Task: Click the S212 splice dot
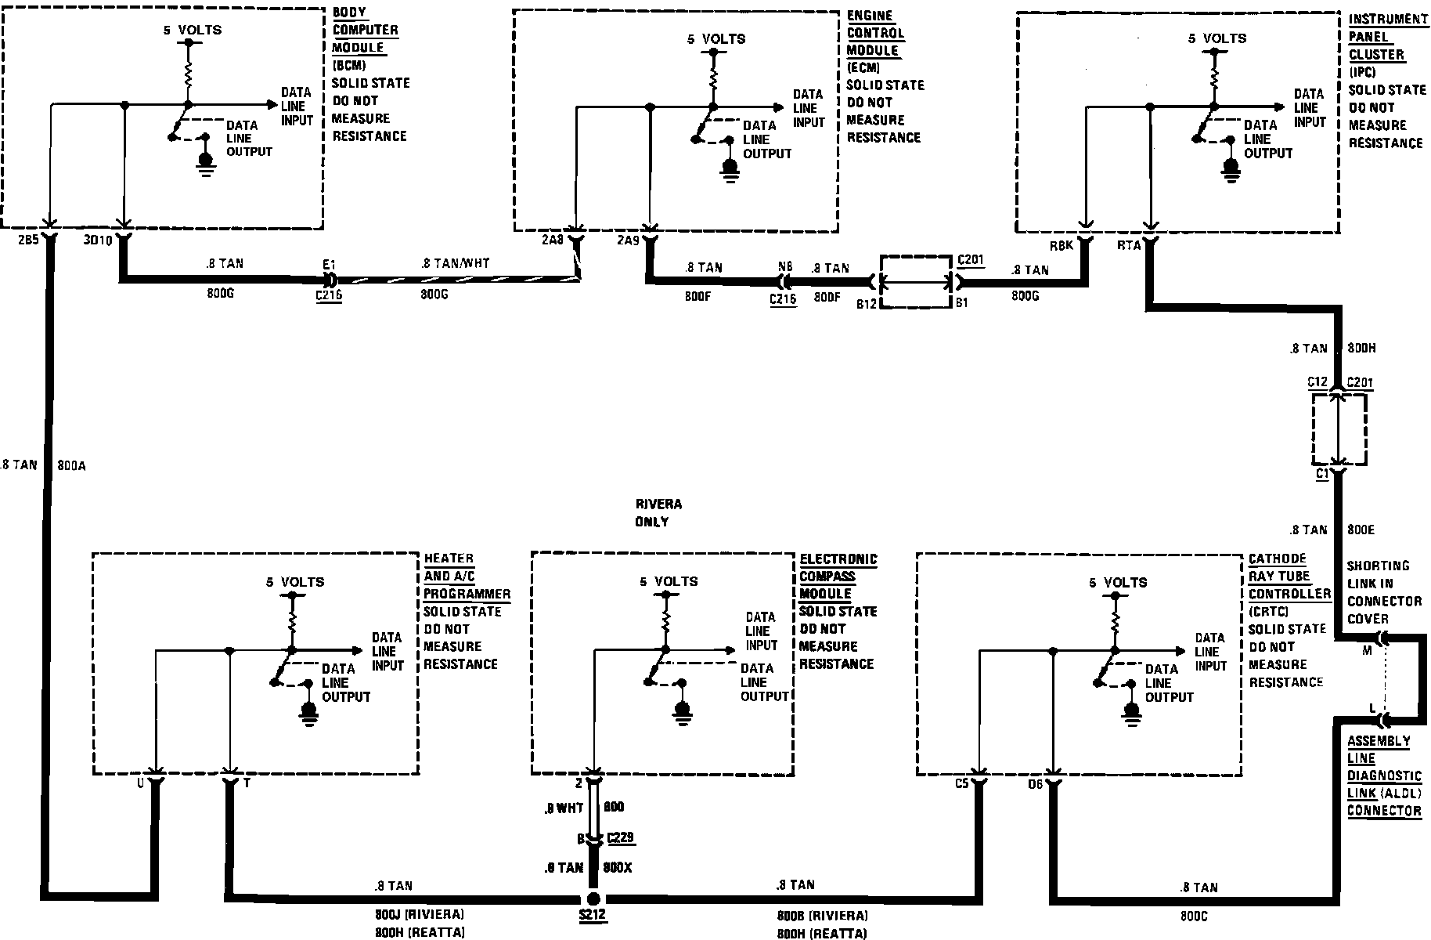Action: click(593, 898)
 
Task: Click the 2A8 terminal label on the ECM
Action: click(552, 240)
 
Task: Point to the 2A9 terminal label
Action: click(627, 240)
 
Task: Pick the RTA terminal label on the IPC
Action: click(1128, 245)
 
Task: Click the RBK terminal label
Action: click(1061, 245)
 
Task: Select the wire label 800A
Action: click(71, 465)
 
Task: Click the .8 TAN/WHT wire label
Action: click(456, 264)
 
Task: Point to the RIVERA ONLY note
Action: click(654, 513)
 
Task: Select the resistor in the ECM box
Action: click(712, 79)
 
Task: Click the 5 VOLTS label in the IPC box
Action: click(1217, 38)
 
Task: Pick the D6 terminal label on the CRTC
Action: click(1036, 784)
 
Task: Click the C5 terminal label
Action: click(961, 783)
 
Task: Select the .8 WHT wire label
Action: click(564, 808)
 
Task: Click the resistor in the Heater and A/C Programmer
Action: click(292, 623)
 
